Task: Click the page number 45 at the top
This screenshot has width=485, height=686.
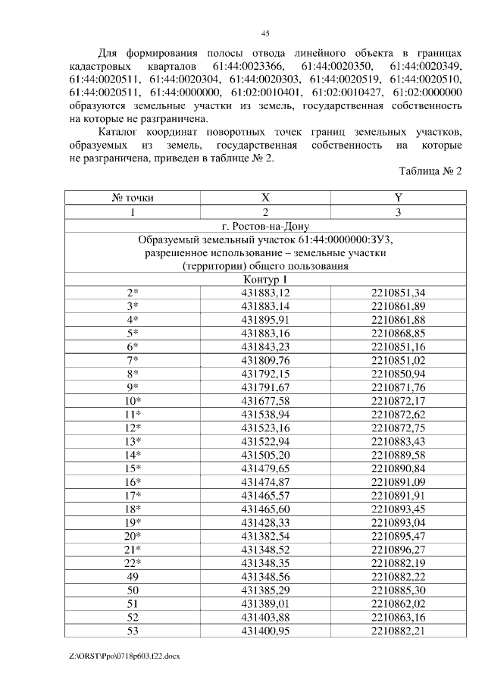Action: point(265,33)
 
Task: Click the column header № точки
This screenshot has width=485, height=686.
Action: point(133,198)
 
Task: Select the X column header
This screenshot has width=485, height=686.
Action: point(265,198)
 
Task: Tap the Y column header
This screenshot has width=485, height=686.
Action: point(398,198)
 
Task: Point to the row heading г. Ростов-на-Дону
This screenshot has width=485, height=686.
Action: point(265,226)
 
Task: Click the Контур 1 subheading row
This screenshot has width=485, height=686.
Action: point(265,280)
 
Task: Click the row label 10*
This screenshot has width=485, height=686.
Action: point(133,400)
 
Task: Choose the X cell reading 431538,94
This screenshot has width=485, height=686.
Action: point(265,414)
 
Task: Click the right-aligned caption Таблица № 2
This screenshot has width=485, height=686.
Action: point(430,171)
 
